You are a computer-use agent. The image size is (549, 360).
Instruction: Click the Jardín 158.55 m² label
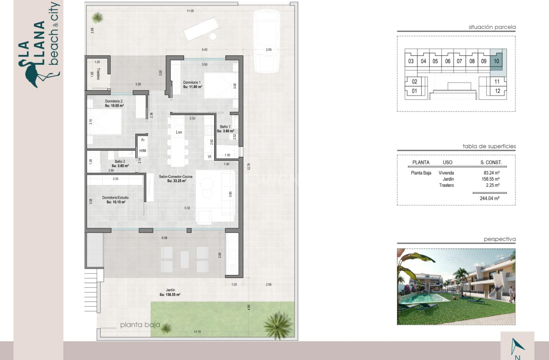170,292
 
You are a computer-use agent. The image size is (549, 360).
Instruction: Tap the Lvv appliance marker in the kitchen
179,132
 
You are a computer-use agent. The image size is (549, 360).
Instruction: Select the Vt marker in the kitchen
209,157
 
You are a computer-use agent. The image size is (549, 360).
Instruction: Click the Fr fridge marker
142,140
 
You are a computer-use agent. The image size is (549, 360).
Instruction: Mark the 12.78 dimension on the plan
248,166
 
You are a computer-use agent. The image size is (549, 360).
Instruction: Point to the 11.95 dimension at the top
190,11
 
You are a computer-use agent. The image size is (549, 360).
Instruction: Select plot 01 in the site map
414,91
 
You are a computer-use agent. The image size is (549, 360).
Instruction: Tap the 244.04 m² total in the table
490,199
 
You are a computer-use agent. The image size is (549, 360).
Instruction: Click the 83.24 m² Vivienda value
491,173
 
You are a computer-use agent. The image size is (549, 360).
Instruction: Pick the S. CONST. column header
491,163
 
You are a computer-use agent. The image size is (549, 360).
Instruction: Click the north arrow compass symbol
518,346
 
